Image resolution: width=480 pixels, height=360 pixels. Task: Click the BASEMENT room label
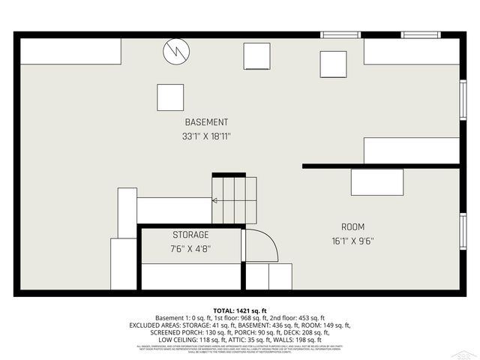pyautogui.click(x=206, y=122)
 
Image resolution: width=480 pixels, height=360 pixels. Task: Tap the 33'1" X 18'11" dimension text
pyautogui.click(x=206, y=136)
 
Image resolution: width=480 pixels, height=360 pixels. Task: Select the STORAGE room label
pyautogui.click(x=190, y=235)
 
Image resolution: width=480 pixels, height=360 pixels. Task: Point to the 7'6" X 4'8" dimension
pyautogui.click(x=190, y=248)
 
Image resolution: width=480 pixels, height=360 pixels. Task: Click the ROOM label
pyautogui.click(x=352, y=226)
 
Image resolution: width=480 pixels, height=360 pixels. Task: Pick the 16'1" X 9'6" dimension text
pyautogui.click(x=352, y=241)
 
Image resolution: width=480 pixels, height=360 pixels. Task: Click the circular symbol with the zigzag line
pyautogui.click(x=177, y=51)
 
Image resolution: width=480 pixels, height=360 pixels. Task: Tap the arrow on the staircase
pyautogui.click(x=215, y=201)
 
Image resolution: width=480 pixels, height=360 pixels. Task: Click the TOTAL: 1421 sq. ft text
pyautogui.click(x=240, y=310)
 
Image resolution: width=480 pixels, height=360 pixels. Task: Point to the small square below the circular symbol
pyautogui.click(x=170, y=97)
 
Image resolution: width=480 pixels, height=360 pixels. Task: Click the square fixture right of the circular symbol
pyautogui.click(x=256, y=55)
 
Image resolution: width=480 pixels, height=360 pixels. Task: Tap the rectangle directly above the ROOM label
pyautogui.click(x=377, y=182)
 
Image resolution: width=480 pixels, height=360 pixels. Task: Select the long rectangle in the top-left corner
pyautogui.click(x=70, y=51)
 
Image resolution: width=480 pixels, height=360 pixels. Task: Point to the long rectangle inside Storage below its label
pyautogui.click(x=190, y=275)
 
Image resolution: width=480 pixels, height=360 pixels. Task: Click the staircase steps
pyautogui.click(x=234, y=200)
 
